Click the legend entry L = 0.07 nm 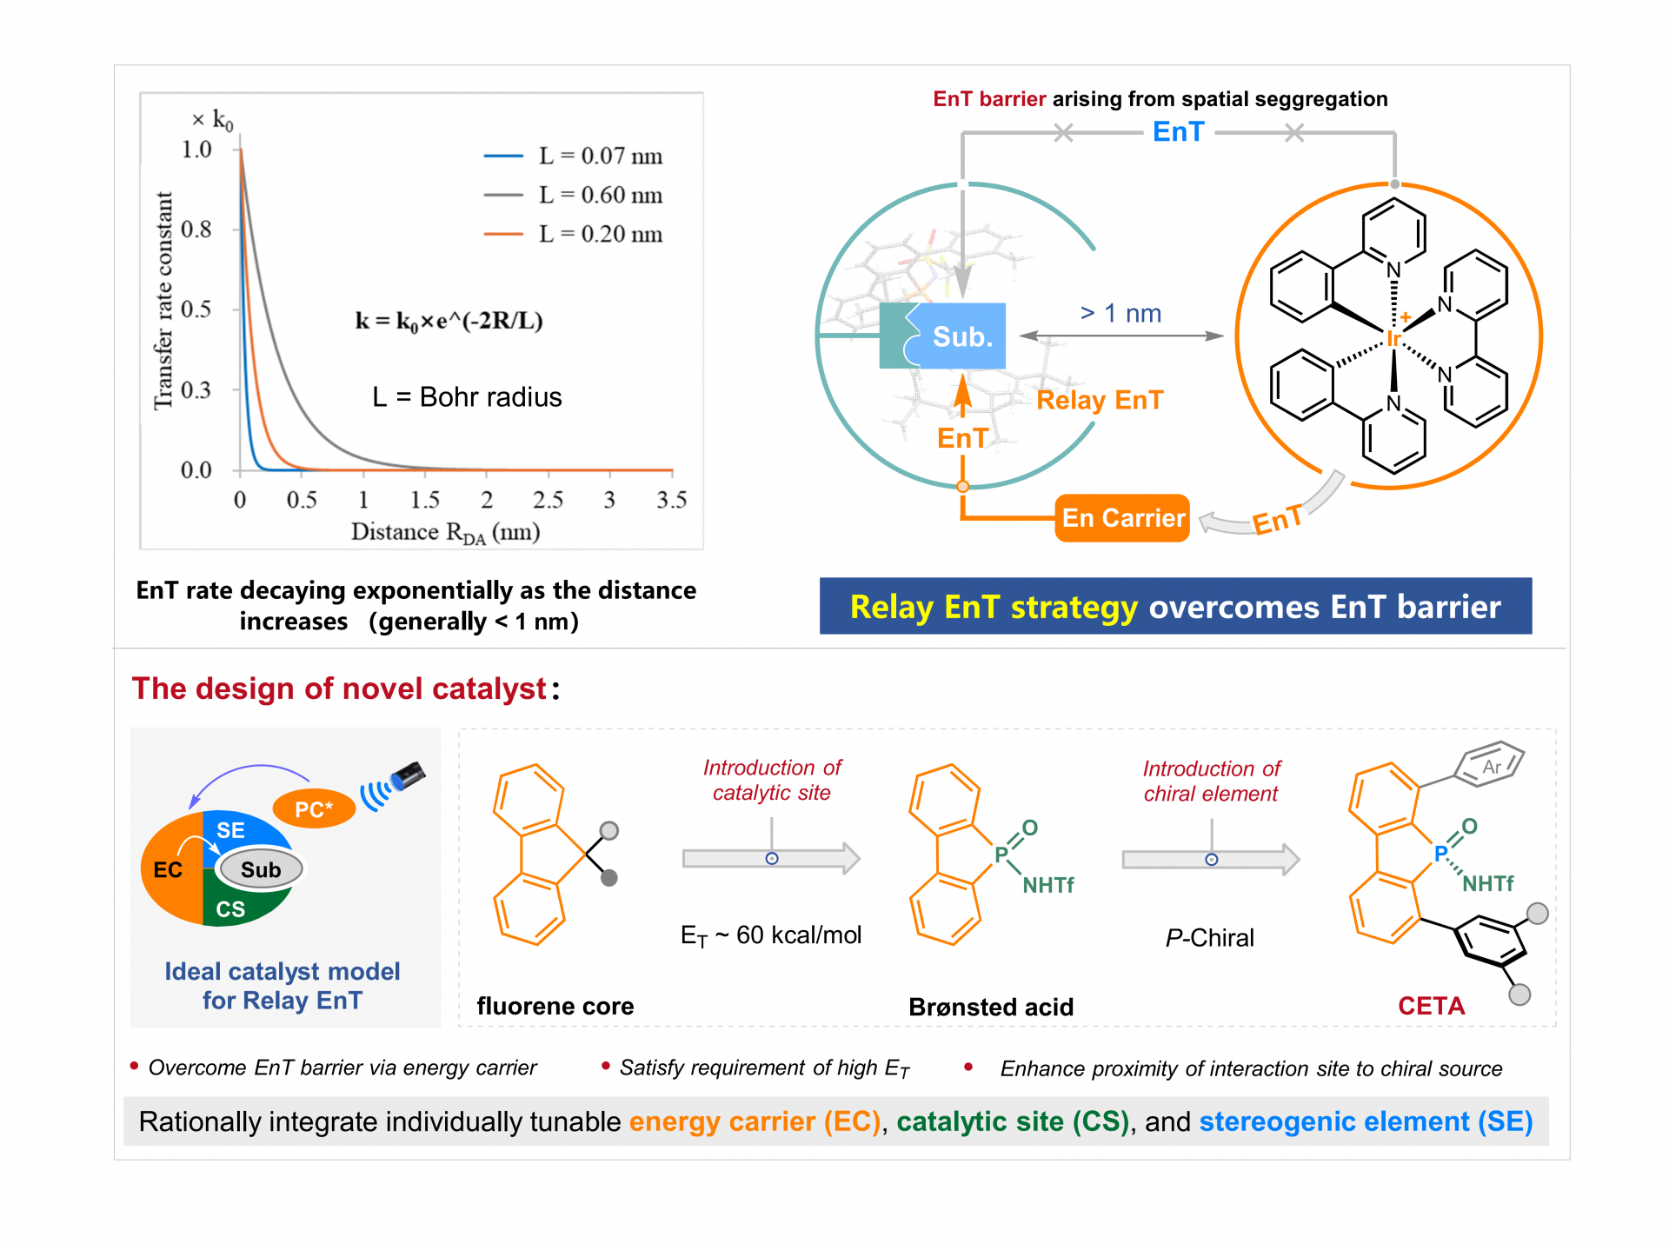(574, 156)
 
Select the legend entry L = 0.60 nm (574, 195)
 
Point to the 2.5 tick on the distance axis (548, 499)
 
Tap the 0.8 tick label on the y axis (196, 229)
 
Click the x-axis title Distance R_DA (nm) (446, 532)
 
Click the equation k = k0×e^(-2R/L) (449, 321)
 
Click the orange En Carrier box (1122, 518)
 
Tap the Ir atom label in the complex (1393, 338)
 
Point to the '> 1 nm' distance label (1120, 313)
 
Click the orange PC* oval (314, 808)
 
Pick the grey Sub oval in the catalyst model (261, 868)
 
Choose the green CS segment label (230, 909)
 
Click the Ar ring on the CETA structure (1490, 764)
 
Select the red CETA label (1431, 1006)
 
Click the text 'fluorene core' (555, 1006)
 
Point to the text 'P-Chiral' (1210, 937)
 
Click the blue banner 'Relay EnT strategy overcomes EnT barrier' (1175, 606)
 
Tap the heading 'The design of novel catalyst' (339, 689)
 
